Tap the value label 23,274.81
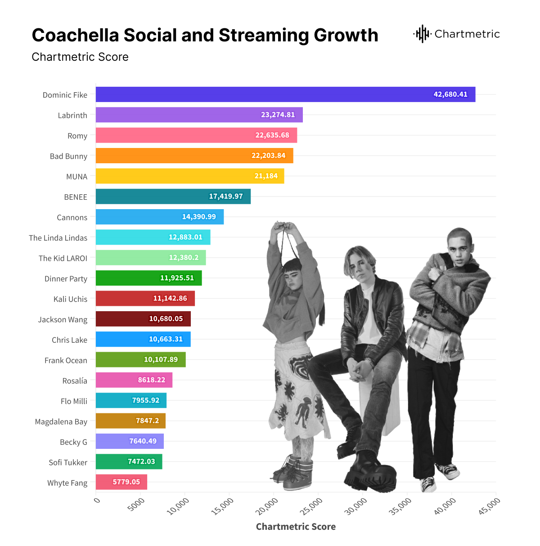click(278, 115)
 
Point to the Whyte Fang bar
click(121, 482)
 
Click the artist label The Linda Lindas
click(58, 238)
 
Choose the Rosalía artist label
click(75, 381)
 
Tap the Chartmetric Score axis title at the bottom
click(296, 527)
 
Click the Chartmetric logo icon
click(422, 34)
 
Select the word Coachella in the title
click(75, 36)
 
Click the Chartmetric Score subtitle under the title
click(80, 57)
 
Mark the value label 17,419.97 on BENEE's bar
click(225, 197)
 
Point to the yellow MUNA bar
click(189, 176)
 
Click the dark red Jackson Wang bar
click(143, 319)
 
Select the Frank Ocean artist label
click(66, 360)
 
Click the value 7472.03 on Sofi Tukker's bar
click(141, 461)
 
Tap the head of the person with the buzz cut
click(459, 243)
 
